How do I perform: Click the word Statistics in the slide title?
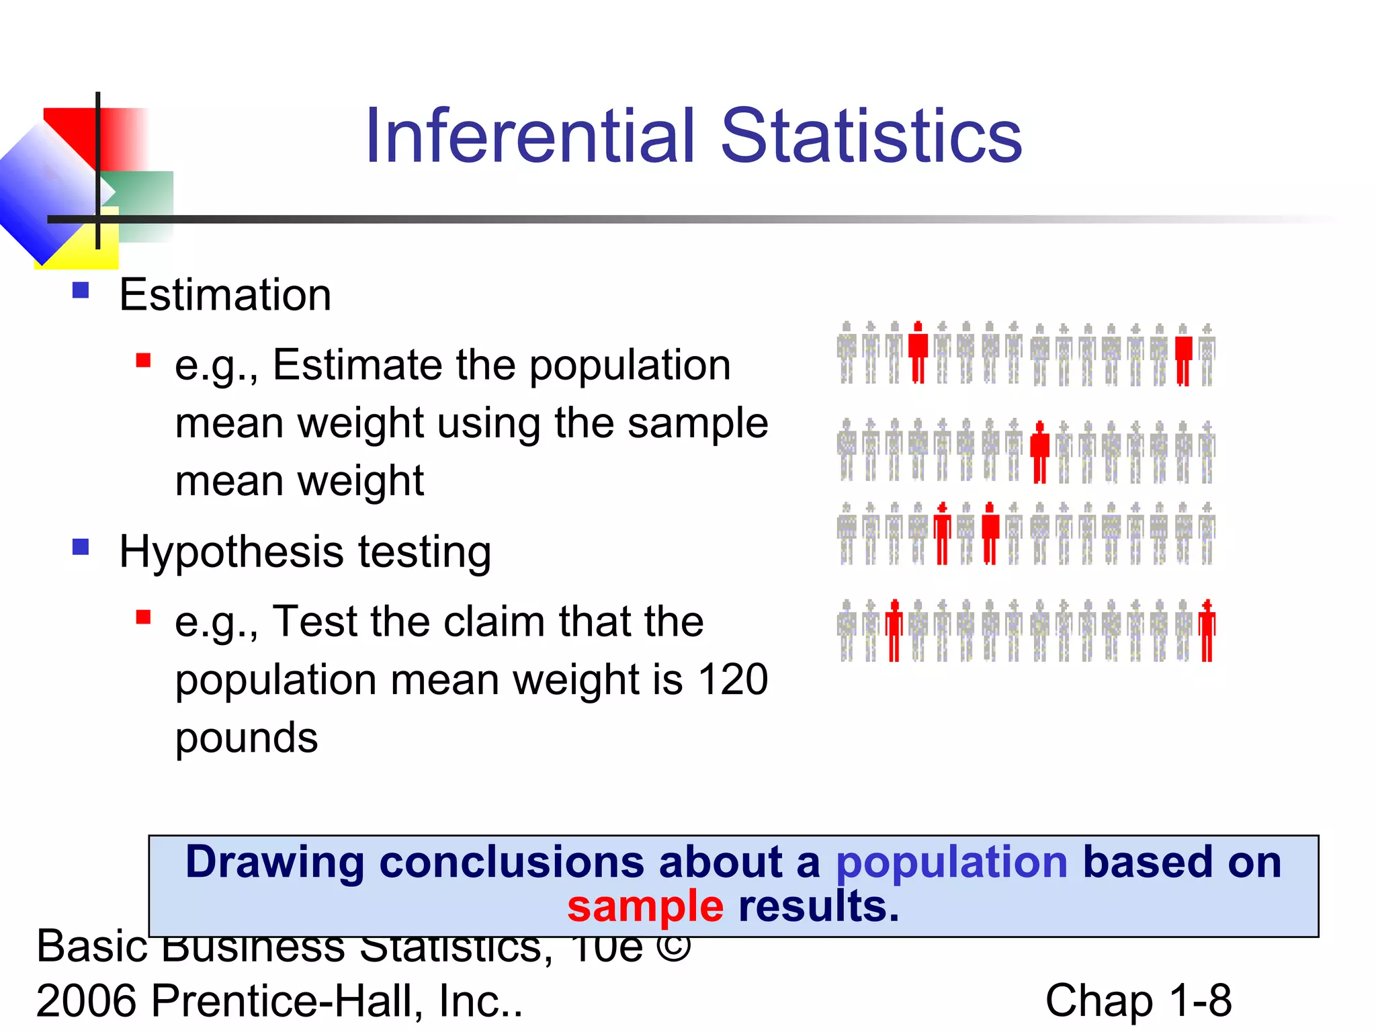click(871, 137)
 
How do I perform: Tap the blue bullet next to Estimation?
click(81, 290)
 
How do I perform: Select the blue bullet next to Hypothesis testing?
click(81, 547)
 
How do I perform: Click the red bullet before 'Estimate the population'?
click(143, 360)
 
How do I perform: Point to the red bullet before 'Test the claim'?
click(143, 617)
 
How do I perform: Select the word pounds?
click(246, 738)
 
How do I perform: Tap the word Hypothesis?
click(230, 552)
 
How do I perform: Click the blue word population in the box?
click(951, 862)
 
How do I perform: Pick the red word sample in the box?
click(645, 906)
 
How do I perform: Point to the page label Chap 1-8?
click(1138, 1000)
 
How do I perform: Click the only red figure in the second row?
click(1039, 451)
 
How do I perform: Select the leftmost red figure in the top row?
click(918, 353)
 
